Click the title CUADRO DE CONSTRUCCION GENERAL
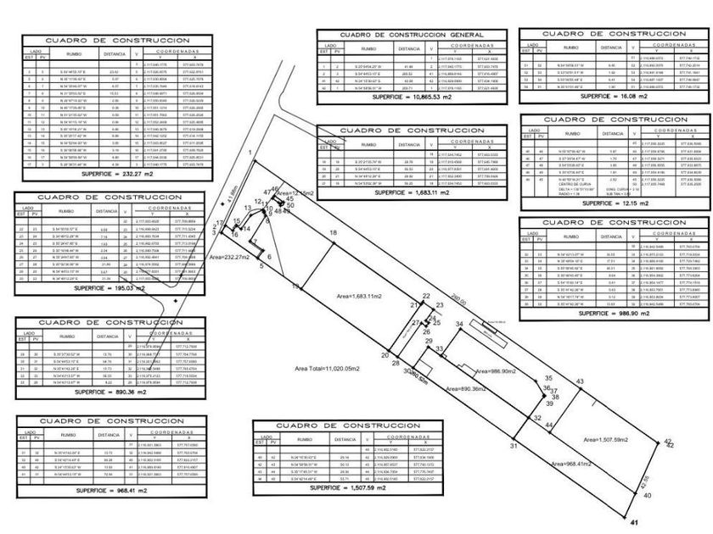(412, 34)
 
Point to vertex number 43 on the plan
(580, 382)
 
